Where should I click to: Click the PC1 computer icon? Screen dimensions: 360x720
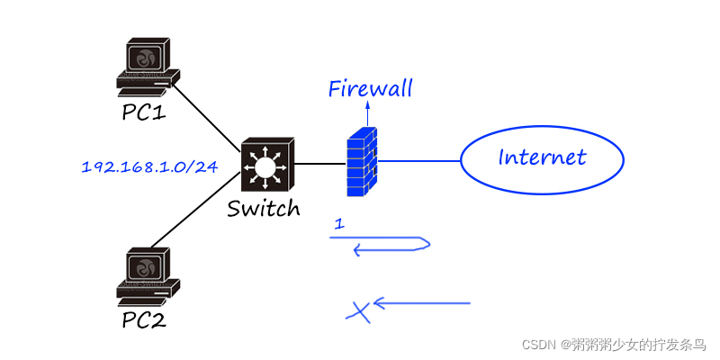pos(147,67)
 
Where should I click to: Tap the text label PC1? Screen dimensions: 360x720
pos(145,112)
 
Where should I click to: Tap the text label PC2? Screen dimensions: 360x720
pos(145,319)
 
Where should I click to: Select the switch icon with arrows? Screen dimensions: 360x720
pos(265,166)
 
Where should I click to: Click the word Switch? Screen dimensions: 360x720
pos(263,209)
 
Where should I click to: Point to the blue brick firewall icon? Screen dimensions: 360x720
pos(363,162)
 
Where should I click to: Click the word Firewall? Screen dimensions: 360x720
pos(370,88)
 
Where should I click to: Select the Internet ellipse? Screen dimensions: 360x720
pos(542,159)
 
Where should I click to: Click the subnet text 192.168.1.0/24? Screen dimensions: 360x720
pos(149,166)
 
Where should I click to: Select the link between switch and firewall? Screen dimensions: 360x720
pos(319,164)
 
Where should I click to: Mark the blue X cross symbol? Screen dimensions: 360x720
pos(359,311)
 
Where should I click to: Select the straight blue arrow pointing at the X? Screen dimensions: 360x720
pos(423,303)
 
